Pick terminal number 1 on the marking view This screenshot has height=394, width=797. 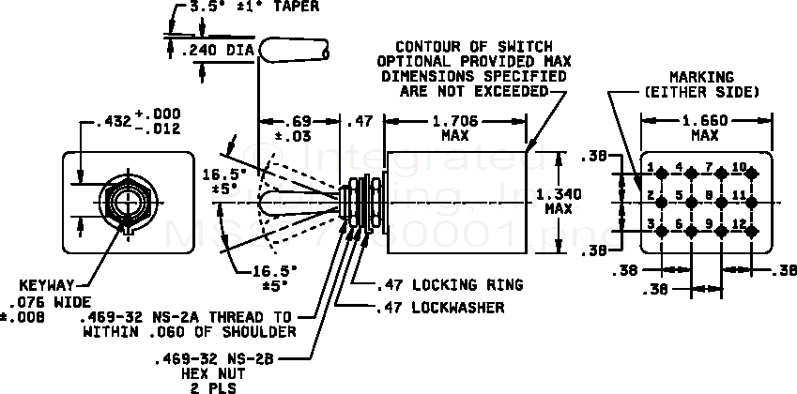[647, 167]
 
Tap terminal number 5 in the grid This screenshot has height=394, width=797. [678, 195]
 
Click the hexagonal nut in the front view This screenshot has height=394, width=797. [126, 199]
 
